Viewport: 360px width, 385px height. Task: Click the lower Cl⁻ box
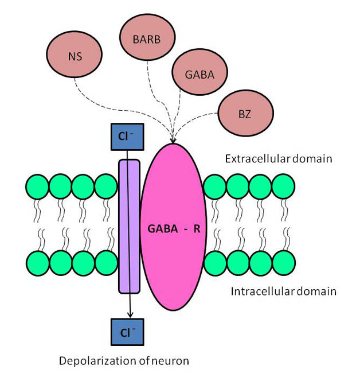(127, 332)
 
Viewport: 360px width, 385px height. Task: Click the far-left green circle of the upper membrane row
(37, 188)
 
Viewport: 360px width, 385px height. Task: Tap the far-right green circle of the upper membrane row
(283, 188)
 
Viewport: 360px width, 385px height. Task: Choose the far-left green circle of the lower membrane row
(37, 263)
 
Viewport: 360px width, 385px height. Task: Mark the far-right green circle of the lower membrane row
(283, 263)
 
